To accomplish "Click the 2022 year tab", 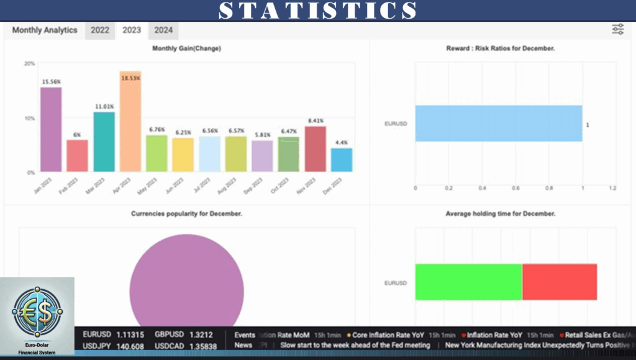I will [x=99, y=30].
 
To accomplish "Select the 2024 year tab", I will [x=163, y=30].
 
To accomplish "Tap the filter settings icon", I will [x=617, y=29].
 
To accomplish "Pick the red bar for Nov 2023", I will [x=316, y=149].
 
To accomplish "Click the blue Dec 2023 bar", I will [x=342, y=160].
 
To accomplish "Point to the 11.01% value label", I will [x=104, y=107].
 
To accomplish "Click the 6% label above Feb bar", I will [x=77, y=135].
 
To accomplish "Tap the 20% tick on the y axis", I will [x=29, y=63].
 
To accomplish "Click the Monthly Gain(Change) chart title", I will [x=186, y=48].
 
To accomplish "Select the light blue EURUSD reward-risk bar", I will [x=499, y=124].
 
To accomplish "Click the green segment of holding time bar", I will [x=468, y=282].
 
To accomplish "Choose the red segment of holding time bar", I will [x=560, y=282].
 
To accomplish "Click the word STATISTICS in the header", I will [x=318, y=11].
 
